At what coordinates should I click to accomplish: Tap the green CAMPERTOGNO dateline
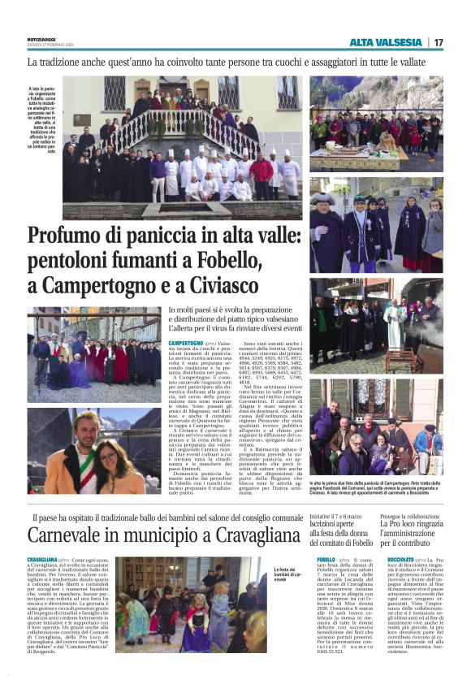pos(185,344)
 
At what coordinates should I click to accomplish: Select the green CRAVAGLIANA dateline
pos(42,561)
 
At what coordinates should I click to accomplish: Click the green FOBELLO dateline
pos(326,561)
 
